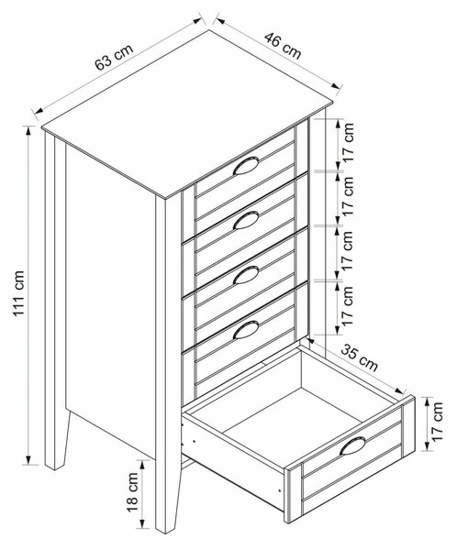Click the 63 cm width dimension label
(x=114, y=57)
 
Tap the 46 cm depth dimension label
(x=284, y=46)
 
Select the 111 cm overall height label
(x=18, y=293)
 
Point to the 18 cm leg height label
(x=133, y=492)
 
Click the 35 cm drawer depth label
(x=360, y=357)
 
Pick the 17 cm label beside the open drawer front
(x=438, y=422)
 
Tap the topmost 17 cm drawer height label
(x=348, y=142)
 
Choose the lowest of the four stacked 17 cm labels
(x=348, y=306)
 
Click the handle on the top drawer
(x=246, y=166)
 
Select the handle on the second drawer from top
(x=246, y=220)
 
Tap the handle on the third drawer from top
(x=246, y=275)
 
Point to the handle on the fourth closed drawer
(x=246, y=330)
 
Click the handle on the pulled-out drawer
(x=352, y=445)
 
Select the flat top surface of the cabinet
(x=187, y=113)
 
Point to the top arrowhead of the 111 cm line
(x=28, y=129)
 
